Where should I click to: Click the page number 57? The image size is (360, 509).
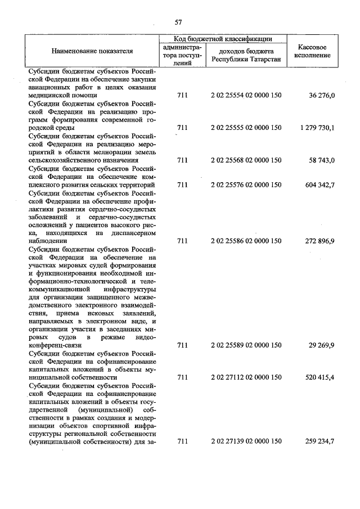click(x=178, y=22)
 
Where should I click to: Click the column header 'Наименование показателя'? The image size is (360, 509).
click(x=92, y=51)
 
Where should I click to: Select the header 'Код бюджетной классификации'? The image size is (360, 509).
click(x=223, y=39)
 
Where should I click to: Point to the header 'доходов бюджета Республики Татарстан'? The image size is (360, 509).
click(x=246, y=56)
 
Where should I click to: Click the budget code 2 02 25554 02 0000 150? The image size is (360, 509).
click(x=246, y=96)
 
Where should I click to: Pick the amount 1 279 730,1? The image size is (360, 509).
click(x=317, y=128)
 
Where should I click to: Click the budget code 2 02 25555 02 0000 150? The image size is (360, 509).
click(x=246, y=128)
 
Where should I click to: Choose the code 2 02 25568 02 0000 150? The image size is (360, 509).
click(x=246, y=160)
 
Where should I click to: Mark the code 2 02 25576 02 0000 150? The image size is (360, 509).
click(x=246, y=184)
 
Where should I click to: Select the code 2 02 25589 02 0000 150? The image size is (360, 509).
click(x=246, y=345)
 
